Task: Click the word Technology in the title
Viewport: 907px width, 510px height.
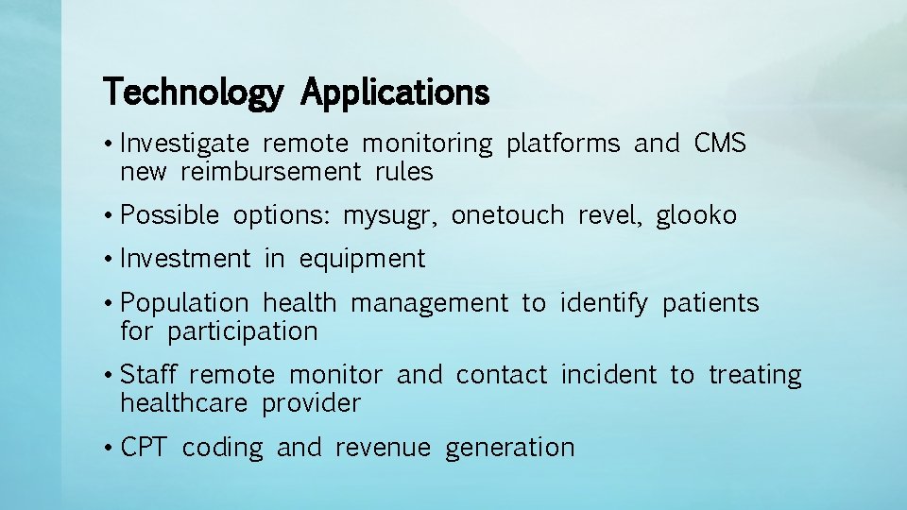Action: click(193, 93)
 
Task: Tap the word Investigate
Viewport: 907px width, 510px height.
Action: click(185, 144)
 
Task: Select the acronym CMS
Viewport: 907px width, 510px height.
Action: click(720, 144)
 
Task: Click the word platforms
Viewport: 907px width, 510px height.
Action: click(563, 144)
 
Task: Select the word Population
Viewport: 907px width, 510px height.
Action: click(185, 303)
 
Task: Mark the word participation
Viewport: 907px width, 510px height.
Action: click(243, 331)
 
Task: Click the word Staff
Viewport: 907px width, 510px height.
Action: click(152, 375)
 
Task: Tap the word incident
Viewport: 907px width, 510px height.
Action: click(608, 375)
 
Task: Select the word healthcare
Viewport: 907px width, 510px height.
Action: click(184, 403)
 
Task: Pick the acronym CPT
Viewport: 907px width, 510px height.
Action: click(145, 447)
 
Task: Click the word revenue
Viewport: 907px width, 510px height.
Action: click(383, 447)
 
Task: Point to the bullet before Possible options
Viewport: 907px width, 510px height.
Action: click(111, 215)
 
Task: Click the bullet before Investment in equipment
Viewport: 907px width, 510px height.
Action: click(111, 259)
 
